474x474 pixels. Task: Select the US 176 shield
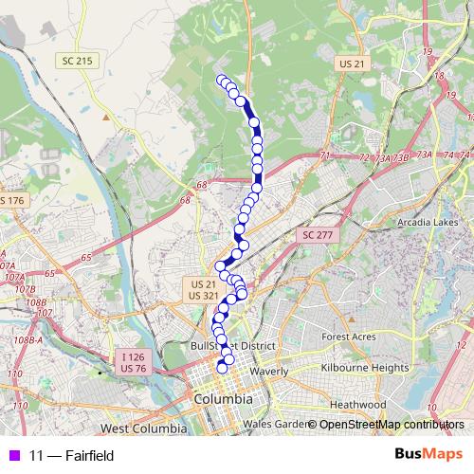tap(10, 201)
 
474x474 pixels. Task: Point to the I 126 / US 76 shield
tap(134, 362)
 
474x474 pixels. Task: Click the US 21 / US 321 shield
tap(204, 290)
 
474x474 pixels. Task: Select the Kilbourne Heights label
tap(364, 367)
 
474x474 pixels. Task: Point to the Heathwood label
tap(358, 404)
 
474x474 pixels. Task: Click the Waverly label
tap(269, 372)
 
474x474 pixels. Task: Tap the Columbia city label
tap(223, 400)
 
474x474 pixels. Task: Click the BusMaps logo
tap(428, 455)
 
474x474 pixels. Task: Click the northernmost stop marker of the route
tap(222, 80)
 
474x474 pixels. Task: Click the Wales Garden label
tap(274, 424)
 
